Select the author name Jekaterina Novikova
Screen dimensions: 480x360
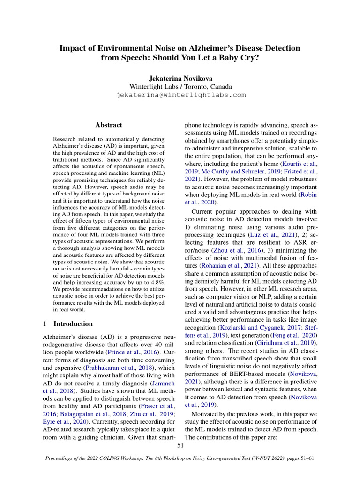[x=180, y=77]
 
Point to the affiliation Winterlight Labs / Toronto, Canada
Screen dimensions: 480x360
[x=180, y=86]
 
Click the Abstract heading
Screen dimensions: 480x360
[x=109, y=125]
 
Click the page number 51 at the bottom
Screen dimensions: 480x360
[x=180, y=445]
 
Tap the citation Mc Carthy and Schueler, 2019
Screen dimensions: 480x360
[x=240, y=172]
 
